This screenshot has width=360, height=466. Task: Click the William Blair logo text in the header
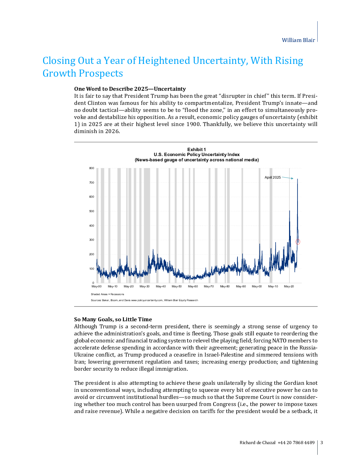298,40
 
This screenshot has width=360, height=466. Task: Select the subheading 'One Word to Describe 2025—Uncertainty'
130,89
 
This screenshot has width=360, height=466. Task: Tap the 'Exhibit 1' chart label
197,150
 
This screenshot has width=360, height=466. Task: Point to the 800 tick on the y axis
92,168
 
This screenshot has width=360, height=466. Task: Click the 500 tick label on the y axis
92,211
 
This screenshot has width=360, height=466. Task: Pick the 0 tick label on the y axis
93,283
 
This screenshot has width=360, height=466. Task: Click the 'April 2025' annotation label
272,178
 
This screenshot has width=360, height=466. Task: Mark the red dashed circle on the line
298,242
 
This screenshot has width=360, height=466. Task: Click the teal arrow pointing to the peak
288,178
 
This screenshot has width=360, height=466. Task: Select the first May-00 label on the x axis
97,287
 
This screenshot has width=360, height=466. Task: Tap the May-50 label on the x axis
177,287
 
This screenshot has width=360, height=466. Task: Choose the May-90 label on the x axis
241,287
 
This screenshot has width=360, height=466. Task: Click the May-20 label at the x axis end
289,287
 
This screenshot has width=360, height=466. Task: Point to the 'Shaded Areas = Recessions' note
108,294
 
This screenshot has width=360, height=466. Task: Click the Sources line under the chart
144,300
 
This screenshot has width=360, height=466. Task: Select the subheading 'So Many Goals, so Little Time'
113,319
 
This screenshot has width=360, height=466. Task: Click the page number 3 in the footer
322,443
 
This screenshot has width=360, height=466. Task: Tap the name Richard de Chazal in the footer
257,443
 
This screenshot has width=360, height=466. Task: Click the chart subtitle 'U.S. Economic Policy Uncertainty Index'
197,155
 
